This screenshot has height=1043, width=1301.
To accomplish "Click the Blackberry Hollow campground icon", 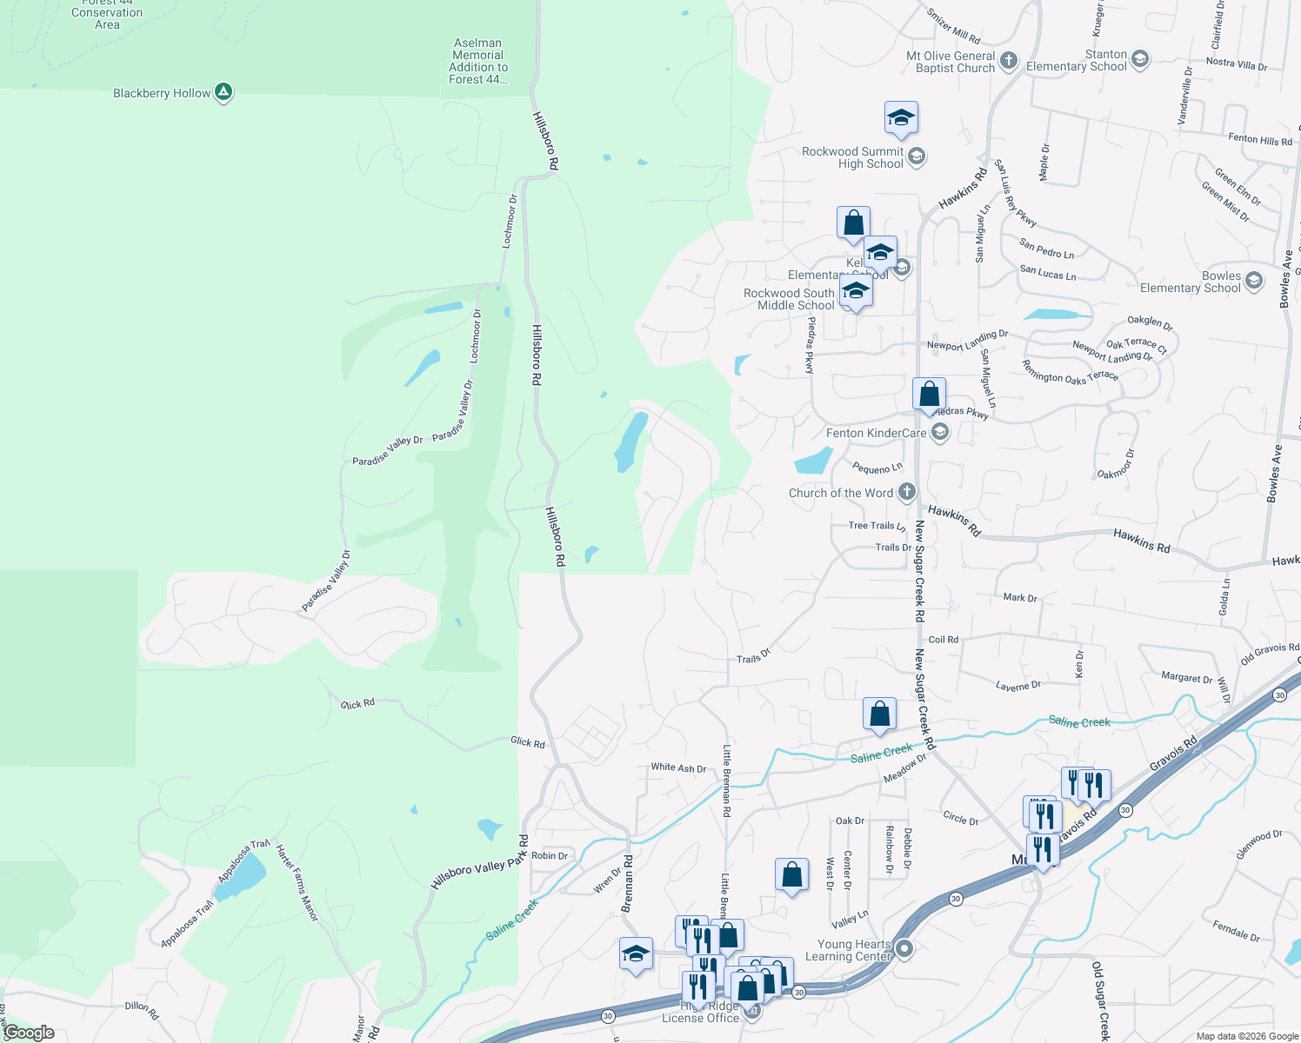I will coord(224,92).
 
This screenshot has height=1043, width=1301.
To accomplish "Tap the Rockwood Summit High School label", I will coord(852,157).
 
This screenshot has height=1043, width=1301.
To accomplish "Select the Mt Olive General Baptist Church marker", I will coord(1009,60).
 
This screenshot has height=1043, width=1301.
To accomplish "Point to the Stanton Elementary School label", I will coord(1077,61).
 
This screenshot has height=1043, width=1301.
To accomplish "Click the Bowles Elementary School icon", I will coord(1253,281).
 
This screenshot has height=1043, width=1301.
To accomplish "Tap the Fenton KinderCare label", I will coord(876,433).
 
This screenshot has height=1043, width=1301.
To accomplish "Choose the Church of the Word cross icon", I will coord(906,492).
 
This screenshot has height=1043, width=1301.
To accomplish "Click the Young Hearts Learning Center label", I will coord(854,950).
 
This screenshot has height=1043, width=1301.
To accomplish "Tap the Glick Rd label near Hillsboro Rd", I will coord(527,742).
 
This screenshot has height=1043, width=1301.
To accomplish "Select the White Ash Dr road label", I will coord(678,767).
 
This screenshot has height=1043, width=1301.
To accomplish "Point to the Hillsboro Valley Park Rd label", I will coord(480,863).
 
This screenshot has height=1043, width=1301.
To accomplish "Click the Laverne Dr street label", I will coord(1017,686).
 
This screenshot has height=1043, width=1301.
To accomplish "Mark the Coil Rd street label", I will coord(943,640).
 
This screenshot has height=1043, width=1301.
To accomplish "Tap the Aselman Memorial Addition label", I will coord(477,61).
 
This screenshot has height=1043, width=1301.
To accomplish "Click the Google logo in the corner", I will coord(29,1033).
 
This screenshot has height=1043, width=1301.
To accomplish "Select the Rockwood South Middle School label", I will coord(789,299).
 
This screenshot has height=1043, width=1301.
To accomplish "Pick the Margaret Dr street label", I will coord(1186,678).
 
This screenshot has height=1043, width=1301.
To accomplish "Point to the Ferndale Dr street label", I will coord(1236,931).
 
